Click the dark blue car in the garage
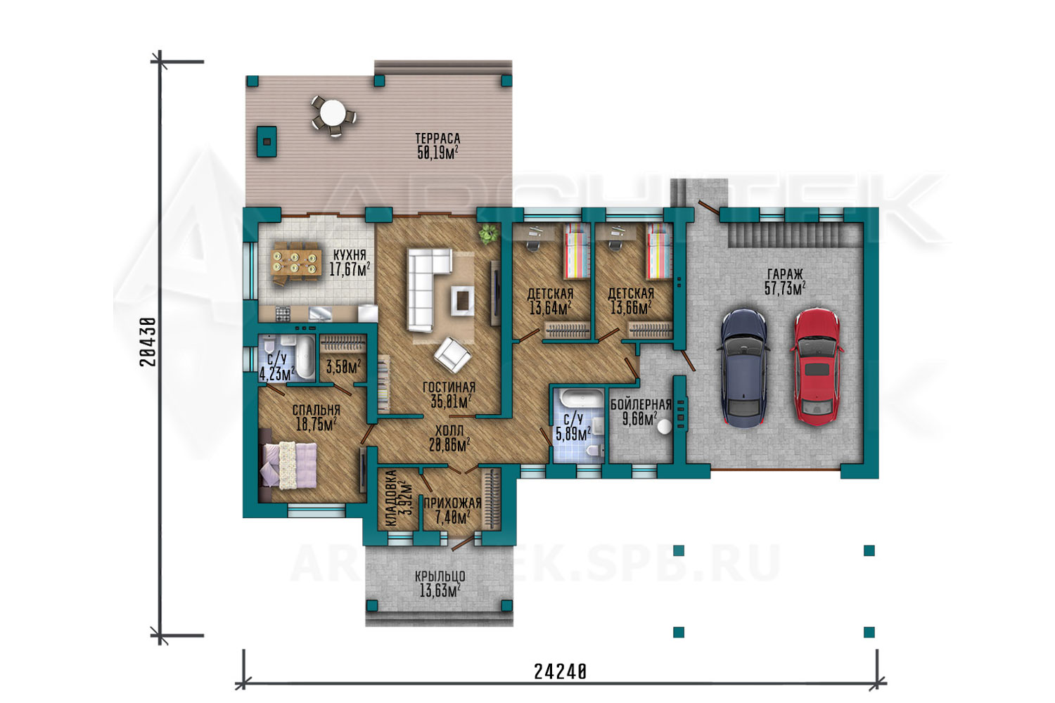click(743, 368)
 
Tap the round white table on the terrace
click(333, 113)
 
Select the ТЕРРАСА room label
click(437, 138)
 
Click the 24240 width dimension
click(560, 671)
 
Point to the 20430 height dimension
click(148, 342)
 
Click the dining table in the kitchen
click(297, 263)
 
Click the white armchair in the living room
click(452, 355)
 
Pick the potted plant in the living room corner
click(488, 233)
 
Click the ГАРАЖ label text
click(785, 274)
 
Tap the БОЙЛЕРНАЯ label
click(641, 404)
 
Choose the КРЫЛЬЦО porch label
click(440, 576)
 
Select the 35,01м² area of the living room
click(452, 401)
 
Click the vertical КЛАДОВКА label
click(391, 498)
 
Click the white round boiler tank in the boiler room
click(665, 427)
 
